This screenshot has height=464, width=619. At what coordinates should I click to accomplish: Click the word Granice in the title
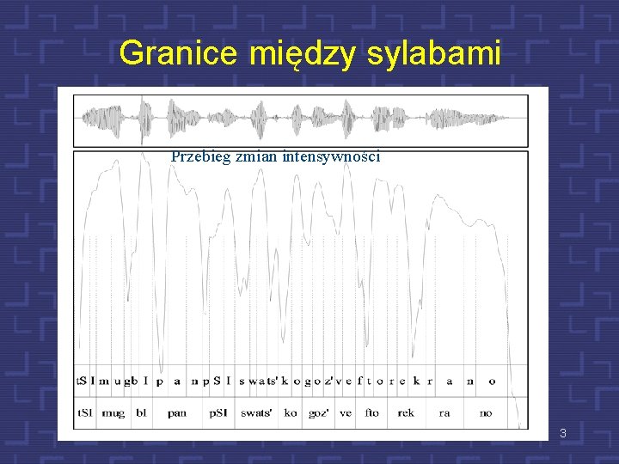(x=181, y=53)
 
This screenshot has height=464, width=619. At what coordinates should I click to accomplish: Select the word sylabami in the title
(x=433, y=53)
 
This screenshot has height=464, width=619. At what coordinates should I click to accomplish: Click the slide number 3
(x=562, y=433)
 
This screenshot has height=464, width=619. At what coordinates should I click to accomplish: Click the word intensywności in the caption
(x=331, y=156)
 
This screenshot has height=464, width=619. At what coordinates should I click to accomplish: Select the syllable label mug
(x=113, y=412)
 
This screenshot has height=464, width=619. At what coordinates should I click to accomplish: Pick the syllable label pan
(x=177, y=412)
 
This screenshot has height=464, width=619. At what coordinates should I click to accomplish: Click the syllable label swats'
(x=256, y=412)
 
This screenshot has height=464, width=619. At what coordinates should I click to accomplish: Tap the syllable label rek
(x=406, y=412)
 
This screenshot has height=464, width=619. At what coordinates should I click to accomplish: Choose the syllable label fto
(x=371, y=412)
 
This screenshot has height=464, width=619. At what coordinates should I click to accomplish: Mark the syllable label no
(x=486, y=412)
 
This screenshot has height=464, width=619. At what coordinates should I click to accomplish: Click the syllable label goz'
(x=319, y=412)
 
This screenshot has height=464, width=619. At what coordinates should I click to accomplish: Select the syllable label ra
(x=444, y=412)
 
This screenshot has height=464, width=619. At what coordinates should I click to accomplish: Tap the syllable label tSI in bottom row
(x=85, y=412)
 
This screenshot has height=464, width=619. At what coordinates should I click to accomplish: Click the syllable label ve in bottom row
(x=346, y=412)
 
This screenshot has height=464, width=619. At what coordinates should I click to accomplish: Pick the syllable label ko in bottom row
(x=291, y=412)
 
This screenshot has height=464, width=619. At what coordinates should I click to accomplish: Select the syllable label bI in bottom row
(x=141, y=412)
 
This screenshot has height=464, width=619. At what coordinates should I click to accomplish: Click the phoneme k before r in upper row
(x=416, y=381)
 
